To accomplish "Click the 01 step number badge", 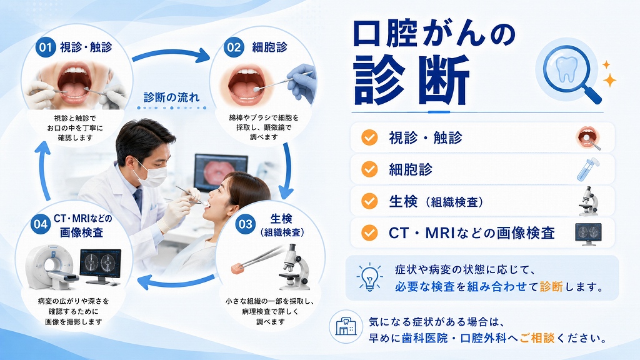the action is coord(45,47).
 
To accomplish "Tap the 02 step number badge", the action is coord(234,47).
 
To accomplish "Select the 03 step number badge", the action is coord(246,224).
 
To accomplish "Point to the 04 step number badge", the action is coord(41,224).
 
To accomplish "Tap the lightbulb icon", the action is coord(369,277).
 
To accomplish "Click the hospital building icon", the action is coord(346,326).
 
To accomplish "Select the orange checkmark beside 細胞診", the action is coord(369,169).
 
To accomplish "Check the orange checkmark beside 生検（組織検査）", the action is coord(369,201).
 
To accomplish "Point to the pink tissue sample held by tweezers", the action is coord(237,268).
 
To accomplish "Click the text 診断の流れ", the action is coord(171,97).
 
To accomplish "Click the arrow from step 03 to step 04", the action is coord(176,282).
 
